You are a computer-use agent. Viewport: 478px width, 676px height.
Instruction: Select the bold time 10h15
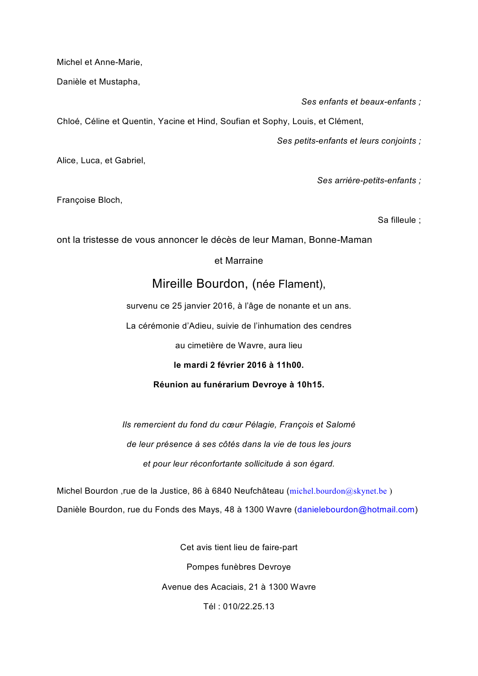pos(310,385)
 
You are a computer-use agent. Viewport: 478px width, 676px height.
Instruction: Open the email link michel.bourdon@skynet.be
pos(338,491)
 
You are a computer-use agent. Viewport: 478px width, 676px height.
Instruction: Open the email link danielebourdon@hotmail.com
pos(356,510)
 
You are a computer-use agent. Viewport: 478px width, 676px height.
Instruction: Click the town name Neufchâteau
pos(259,491)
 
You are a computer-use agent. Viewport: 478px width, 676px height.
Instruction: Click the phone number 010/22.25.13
pos(249,607)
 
